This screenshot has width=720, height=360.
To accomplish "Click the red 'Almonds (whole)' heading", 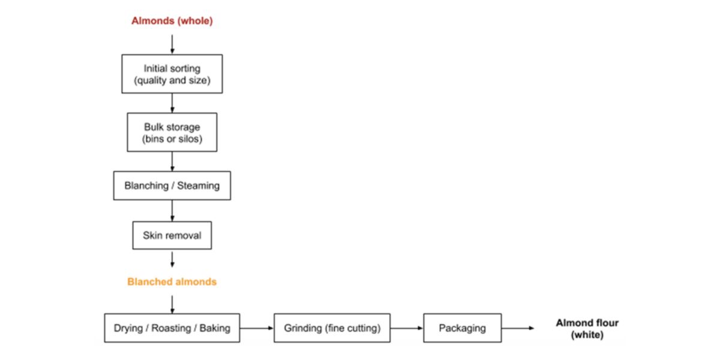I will coord(172,21).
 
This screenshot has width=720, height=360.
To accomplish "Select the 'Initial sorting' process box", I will coord(172,74).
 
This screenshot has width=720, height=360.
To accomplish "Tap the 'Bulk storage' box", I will coord(172,133).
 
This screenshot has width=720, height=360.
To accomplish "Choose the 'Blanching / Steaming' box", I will coord(172,185).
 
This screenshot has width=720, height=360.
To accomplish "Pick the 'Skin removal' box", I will coord(172,235).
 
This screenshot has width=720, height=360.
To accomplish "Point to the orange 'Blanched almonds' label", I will coord(172,281).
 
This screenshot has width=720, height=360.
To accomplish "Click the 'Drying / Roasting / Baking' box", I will coord(172,328).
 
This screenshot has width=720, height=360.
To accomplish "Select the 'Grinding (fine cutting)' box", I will coord(332,328).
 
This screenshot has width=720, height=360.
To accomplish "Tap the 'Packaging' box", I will coord(462,328).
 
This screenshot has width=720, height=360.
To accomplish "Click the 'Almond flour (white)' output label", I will coord(587,329).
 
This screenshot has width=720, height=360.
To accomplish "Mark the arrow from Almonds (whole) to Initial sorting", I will coord(172,44).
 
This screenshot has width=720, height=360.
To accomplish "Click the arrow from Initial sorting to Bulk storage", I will coord(172,103).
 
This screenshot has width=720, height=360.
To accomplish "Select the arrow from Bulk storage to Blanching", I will coord(172,161).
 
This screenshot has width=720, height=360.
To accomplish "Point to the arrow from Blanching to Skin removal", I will coord(172,211).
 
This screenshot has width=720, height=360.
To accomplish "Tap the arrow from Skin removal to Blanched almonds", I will coord(172,259).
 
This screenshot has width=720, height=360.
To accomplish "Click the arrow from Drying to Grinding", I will coord(257,328).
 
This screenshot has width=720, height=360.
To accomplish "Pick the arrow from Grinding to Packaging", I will coord(407,328).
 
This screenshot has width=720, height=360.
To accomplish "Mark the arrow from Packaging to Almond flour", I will coord(517,328).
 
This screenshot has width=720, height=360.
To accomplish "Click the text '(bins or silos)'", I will coord(172,139).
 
